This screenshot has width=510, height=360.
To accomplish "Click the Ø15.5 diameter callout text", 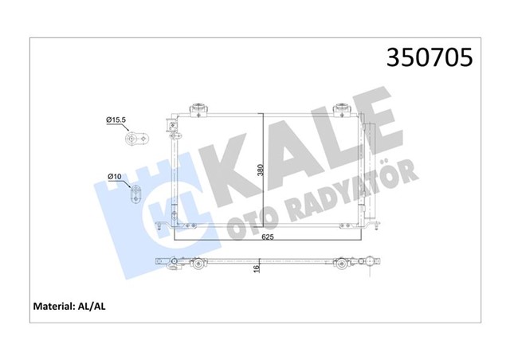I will coord(117,119).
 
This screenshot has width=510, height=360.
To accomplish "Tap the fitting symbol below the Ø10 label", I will coord(134,194).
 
